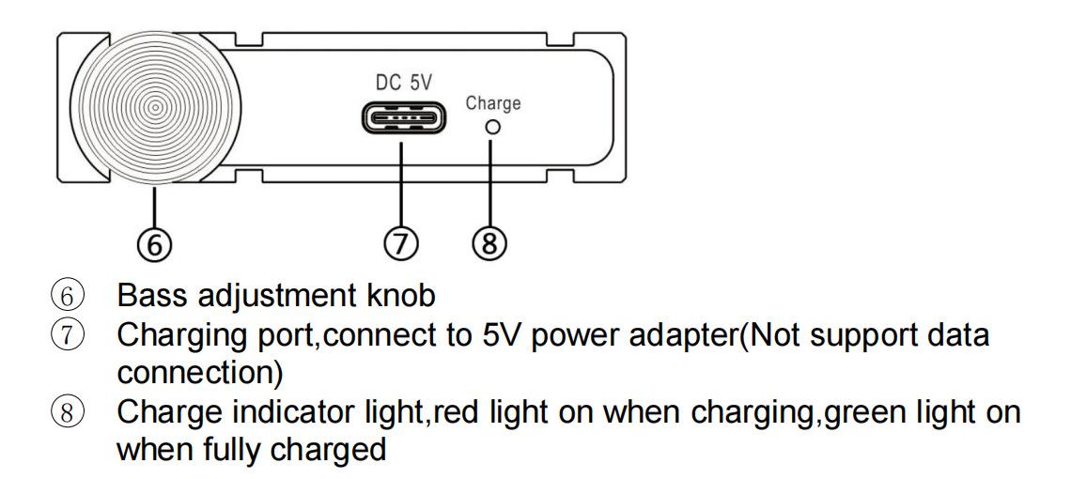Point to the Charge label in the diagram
[x=493, y=102]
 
